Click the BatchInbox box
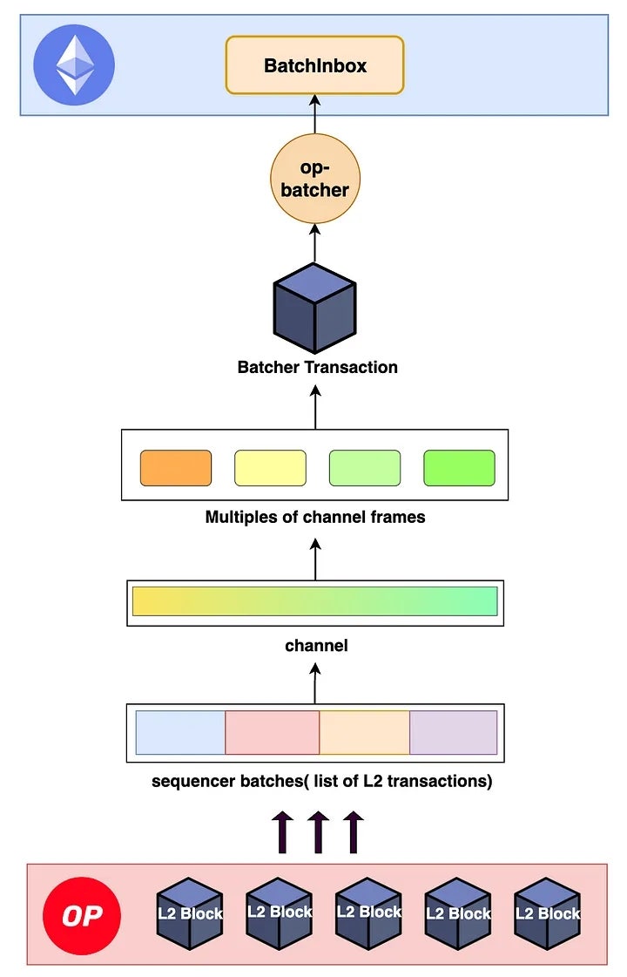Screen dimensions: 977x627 (314, 65)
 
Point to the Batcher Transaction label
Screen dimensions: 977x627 (317, 367)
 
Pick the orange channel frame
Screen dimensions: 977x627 (176, 468)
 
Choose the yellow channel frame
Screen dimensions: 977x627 (270, 468)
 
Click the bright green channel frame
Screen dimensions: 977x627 (459, 468)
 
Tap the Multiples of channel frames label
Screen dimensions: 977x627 (315, 517)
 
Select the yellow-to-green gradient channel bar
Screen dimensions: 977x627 (314, 601)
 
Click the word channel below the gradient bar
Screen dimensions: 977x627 (316, 646)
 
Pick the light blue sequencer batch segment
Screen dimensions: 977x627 (181, 732)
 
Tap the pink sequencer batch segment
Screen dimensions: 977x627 (273, 732)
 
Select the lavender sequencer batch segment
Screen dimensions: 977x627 (453, 732)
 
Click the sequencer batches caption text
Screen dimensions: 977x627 (322, 781)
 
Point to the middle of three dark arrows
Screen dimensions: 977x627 (318, 832)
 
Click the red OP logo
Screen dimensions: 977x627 (81, 915)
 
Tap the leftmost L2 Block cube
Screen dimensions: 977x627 (189, 913)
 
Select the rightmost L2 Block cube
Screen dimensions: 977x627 (547, 913)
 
